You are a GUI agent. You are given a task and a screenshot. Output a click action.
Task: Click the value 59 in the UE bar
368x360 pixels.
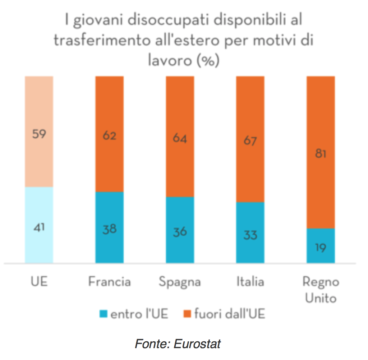[39, 134]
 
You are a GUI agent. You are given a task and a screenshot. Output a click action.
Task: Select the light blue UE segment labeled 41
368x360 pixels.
[39, 227]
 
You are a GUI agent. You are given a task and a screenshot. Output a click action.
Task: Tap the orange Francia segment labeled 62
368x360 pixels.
[109, 136]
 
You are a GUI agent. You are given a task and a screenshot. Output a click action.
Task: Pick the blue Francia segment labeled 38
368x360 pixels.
[109, 229]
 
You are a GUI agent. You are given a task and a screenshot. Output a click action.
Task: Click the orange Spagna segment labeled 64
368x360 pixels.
[180, 138]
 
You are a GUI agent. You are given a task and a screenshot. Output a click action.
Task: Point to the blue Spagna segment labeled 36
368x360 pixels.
[180, 231]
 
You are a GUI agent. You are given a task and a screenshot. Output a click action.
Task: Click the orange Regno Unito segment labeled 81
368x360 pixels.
[321, 153]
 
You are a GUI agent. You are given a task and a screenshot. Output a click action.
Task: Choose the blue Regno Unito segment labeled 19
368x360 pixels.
[321, 247]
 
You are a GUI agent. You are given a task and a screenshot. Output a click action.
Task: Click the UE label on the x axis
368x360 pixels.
[39, 281]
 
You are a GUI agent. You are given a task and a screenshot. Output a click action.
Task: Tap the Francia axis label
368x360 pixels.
[109, 281]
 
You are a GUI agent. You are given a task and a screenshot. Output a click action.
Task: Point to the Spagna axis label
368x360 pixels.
[180, 282]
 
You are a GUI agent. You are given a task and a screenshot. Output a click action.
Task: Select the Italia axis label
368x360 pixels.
[250, 281]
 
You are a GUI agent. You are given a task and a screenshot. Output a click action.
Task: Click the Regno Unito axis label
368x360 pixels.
[321, 290]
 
